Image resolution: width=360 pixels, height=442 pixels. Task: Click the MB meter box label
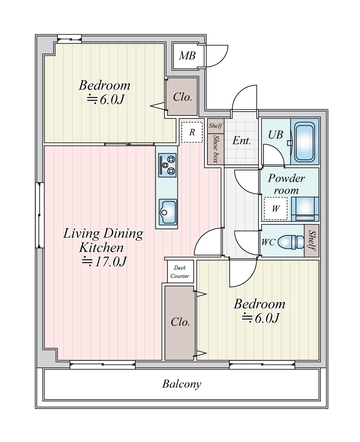pos(187,56)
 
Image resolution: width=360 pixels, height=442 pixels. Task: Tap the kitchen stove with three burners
pos(167,165)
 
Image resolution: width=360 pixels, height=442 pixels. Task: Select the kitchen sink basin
pos(168,212)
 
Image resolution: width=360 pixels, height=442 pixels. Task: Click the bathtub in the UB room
pos(305,141)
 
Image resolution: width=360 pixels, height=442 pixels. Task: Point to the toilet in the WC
pos(291,242)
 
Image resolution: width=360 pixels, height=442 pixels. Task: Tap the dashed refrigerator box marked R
pos(192,132)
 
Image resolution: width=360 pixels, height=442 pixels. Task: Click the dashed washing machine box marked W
pos(275,208)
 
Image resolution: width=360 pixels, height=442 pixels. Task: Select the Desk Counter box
pos(180,271)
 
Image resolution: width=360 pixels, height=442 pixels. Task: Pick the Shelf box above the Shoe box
pos(216,126)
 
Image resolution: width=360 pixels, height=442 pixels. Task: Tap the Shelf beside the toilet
pos(311,240)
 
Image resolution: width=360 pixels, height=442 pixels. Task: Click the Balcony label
pos(182,384)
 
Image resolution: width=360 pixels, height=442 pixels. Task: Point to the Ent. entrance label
pos(242,141)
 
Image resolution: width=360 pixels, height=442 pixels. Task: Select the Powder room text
pos(286,184)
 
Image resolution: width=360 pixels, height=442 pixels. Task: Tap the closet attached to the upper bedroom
pos(182,97)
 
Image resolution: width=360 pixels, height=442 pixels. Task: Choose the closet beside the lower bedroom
pos(180,323)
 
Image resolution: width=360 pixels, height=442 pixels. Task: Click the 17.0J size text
pos(104,261)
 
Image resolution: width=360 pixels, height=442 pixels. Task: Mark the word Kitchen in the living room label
pos(101,248)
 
